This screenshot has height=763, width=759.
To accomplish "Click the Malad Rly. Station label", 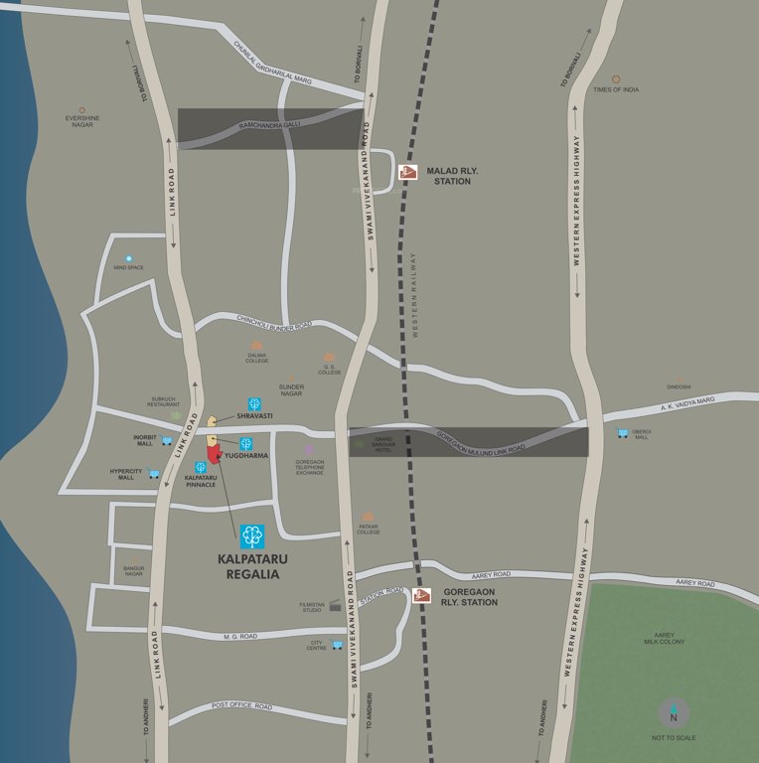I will pos(452,176).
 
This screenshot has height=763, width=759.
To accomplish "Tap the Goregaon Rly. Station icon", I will pos(421,595).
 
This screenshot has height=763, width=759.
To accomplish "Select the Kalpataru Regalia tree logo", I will pos(252,536).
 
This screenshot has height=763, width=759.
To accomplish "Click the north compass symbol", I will pos(674,713).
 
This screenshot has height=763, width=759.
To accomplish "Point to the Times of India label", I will pos(616,89).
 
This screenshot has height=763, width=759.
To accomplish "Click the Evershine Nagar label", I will pos(82,121).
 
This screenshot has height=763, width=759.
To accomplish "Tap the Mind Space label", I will pos(128,267).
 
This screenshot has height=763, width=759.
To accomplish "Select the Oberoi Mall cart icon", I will pos(622,433).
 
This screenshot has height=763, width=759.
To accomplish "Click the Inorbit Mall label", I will pos(145,440).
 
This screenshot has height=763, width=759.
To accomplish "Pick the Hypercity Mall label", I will pos(125,474).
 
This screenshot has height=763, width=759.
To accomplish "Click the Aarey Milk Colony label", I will pos(664,638).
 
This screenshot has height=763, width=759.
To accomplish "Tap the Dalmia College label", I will pos(257,358).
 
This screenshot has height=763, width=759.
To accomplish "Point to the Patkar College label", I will pos(369,529).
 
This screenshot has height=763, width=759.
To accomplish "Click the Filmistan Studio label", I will pos(312,606).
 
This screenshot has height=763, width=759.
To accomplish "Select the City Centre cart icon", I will pos(337,645).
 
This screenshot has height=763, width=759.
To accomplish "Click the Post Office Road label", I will pos(241,706).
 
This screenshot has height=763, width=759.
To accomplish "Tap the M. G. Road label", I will pos(240,636).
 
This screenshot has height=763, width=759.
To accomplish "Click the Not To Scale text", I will pos(674,738).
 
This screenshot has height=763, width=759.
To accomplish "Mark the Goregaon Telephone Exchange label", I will pos(310,466).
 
